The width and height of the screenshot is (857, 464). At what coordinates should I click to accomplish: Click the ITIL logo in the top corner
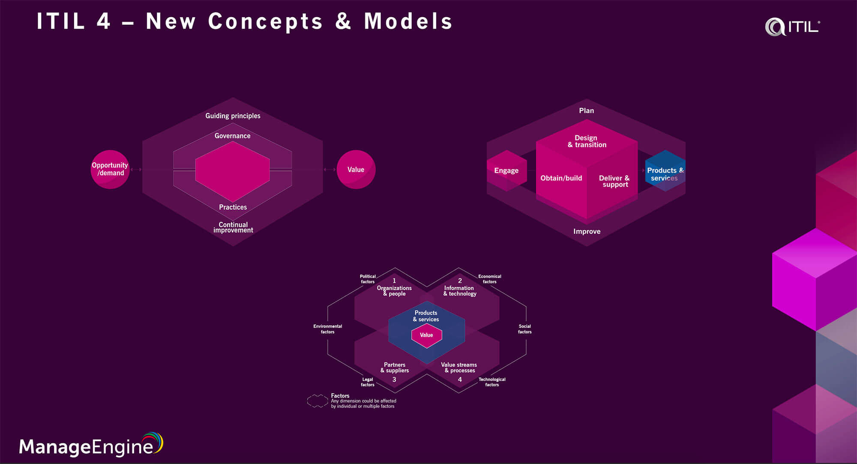[792, 27]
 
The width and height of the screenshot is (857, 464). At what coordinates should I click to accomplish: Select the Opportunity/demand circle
[110, 169]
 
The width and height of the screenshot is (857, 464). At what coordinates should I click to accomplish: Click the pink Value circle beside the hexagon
[356, 169]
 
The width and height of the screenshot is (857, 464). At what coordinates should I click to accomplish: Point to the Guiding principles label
[233, 116]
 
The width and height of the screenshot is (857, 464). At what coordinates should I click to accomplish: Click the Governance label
[232, 136]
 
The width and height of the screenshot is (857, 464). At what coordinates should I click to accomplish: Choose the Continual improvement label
[233, 227]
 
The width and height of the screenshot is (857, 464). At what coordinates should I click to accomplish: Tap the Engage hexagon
[506, 171]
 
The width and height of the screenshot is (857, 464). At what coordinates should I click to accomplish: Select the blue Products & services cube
[665, 171]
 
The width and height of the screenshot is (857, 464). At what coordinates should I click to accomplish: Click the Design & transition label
[587, 141]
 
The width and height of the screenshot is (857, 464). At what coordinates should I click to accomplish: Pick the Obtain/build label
[561, 178]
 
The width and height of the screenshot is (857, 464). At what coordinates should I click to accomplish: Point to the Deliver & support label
[614, 181]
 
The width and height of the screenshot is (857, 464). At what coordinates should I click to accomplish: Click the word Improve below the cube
[587, 231]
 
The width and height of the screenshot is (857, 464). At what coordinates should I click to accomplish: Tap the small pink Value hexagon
[426, 335]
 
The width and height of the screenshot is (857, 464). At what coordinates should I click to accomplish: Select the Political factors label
[368, 279]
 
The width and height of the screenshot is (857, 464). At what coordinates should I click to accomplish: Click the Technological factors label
[492, 382]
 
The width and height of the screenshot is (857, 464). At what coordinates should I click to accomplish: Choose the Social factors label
[524, 329]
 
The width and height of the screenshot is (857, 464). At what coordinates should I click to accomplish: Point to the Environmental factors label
[327, 329]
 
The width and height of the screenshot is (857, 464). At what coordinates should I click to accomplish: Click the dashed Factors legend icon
[318, 401]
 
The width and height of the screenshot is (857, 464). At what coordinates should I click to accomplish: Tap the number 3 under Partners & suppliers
[394, 380]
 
